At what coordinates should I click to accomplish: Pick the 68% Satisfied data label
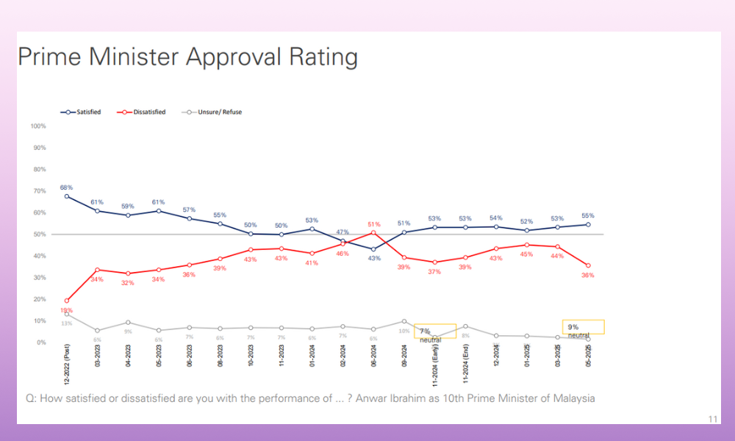tap(67, 187)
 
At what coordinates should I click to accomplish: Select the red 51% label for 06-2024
tap(373, 224)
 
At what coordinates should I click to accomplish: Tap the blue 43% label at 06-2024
tap(373, 258)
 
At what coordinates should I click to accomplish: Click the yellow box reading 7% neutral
tap(435, 332)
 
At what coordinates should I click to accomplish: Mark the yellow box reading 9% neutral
tap(583, 327)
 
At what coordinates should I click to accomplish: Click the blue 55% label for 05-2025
tap(589, 216)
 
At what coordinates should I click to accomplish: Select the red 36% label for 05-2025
tap(588, 275)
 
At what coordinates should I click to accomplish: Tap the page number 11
tap(712, 419)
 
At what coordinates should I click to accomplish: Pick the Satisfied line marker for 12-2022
tap(67, 196)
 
